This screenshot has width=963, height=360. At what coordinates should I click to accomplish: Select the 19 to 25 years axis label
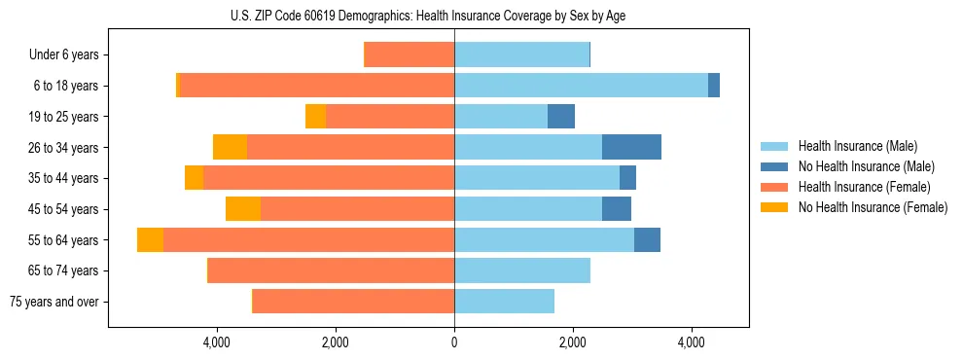[x=62, y=117]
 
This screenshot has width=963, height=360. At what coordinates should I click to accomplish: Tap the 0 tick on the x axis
[x=454, y=342]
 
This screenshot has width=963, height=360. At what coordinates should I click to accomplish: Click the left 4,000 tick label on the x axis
[x=216, y=342]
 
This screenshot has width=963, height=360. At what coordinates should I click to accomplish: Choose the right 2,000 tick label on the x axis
[x=573, y=342]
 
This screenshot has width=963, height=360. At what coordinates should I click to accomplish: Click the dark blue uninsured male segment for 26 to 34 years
[x=631, y=147]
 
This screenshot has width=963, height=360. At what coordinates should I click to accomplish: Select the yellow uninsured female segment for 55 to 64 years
[x=150, y=239]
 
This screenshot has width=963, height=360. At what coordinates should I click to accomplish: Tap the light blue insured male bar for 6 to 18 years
[x=581, y=86]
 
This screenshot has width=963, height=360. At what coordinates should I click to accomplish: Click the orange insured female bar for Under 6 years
[x=409, y=54]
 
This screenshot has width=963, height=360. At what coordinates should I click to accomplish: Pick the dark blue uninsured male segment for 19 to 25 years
[x=561, y=117]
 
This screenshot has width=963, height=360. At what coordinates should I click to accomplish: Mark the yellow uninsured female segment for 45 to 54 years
[x=243, y=209]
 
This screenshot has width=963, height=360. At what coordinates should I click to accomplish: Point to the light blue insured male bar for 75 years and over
[x=504, y=302]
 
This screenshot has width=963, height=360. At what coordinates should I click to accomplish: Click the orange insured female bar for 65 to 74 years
[x=331, y=270]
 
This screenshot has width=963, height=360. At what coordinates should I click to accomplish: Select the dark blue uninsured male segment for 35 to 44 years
[x=627, y=178]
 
